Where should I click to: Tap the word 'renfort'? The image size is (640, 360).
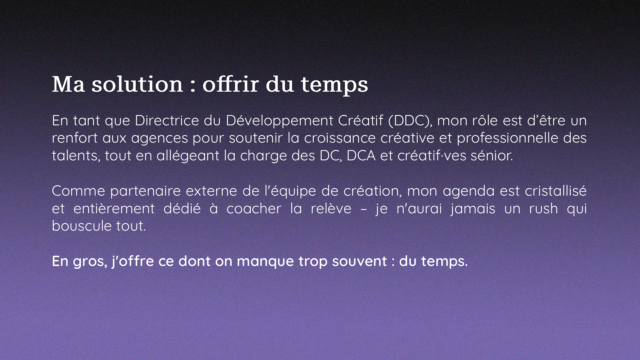tap(75, 138)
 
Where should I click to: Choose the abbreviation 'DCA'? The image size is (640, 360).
tap(361, 156)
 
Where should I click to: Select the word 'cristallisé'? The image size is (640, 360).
tap(556, 191)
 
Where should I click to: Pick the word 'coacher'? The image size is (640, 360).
tap(254, 208)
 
